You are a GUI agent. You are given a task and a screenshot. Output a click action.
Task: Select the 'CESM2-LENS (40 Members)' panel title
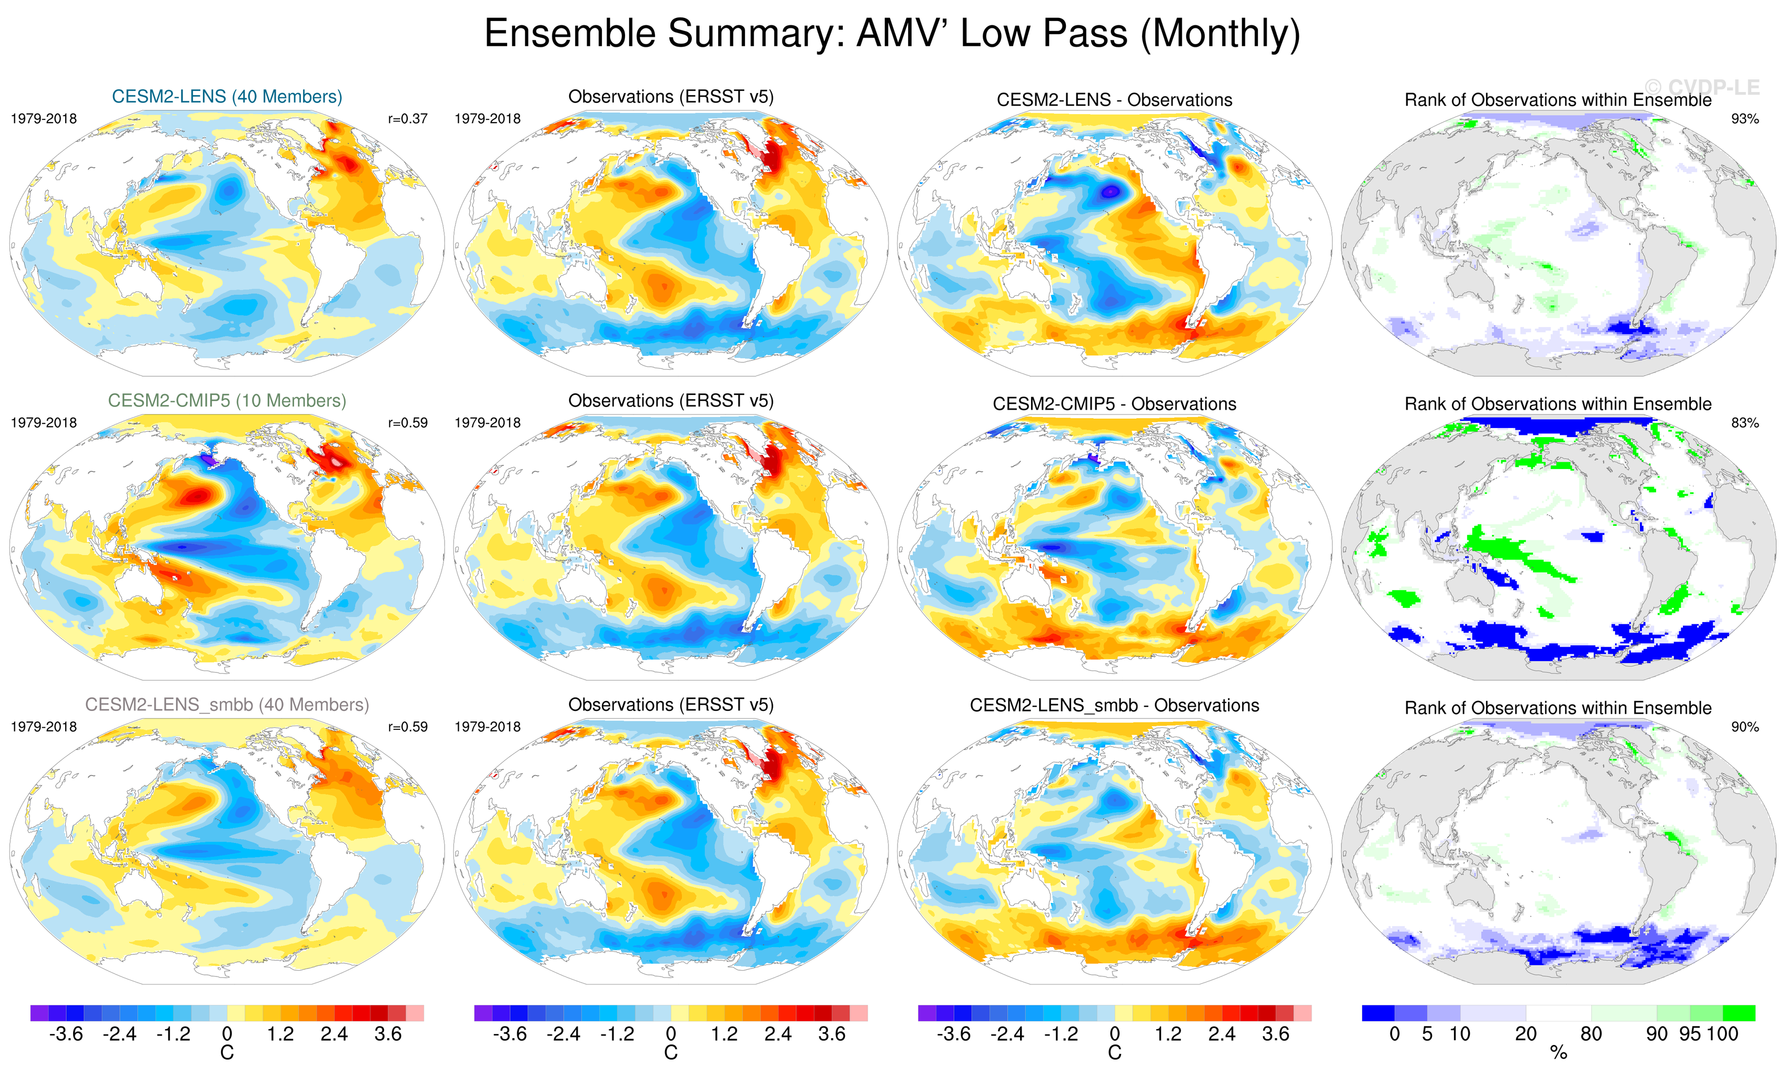(227, 96)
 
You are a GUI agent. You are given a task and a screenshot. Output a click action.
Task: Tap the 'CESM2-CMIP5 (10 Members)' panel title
(227, 400)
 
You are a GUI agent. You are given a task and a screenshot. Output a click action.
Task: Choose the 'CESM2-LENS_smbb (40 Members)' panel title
(227, 705)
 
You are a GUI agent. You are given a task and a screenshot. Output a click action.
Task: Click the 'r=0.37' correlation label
(407, 119)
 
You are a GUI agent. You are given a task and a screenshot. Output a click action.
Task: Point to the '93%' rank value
(1744, 119)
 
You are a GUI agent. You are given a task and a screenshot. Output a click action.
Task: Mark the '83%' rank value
(1744, 422)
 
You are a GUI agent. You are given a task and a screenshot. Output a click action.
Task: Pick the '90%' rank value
(1744, 727)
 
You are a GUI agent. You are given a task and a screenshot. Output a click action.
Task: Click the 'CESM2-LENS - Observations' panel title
(1114, 100)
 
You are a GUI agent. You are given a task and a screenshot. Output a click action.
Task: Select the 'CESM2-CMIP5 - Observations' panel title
(1114, 404)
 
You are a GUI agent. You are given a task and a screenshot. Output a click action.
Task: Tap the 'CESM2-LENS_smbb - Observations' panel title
(1114, 705)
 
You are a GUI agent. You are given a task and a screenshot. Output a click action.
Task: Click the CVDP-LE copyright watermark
(1702, 88)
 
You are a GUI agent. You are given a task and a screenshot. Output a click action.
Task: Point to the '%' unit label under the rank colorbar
(1558, 1053)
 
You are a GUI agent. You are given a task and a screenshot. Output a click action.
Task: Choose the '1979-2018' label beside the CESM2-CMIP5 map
(44, 422)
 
